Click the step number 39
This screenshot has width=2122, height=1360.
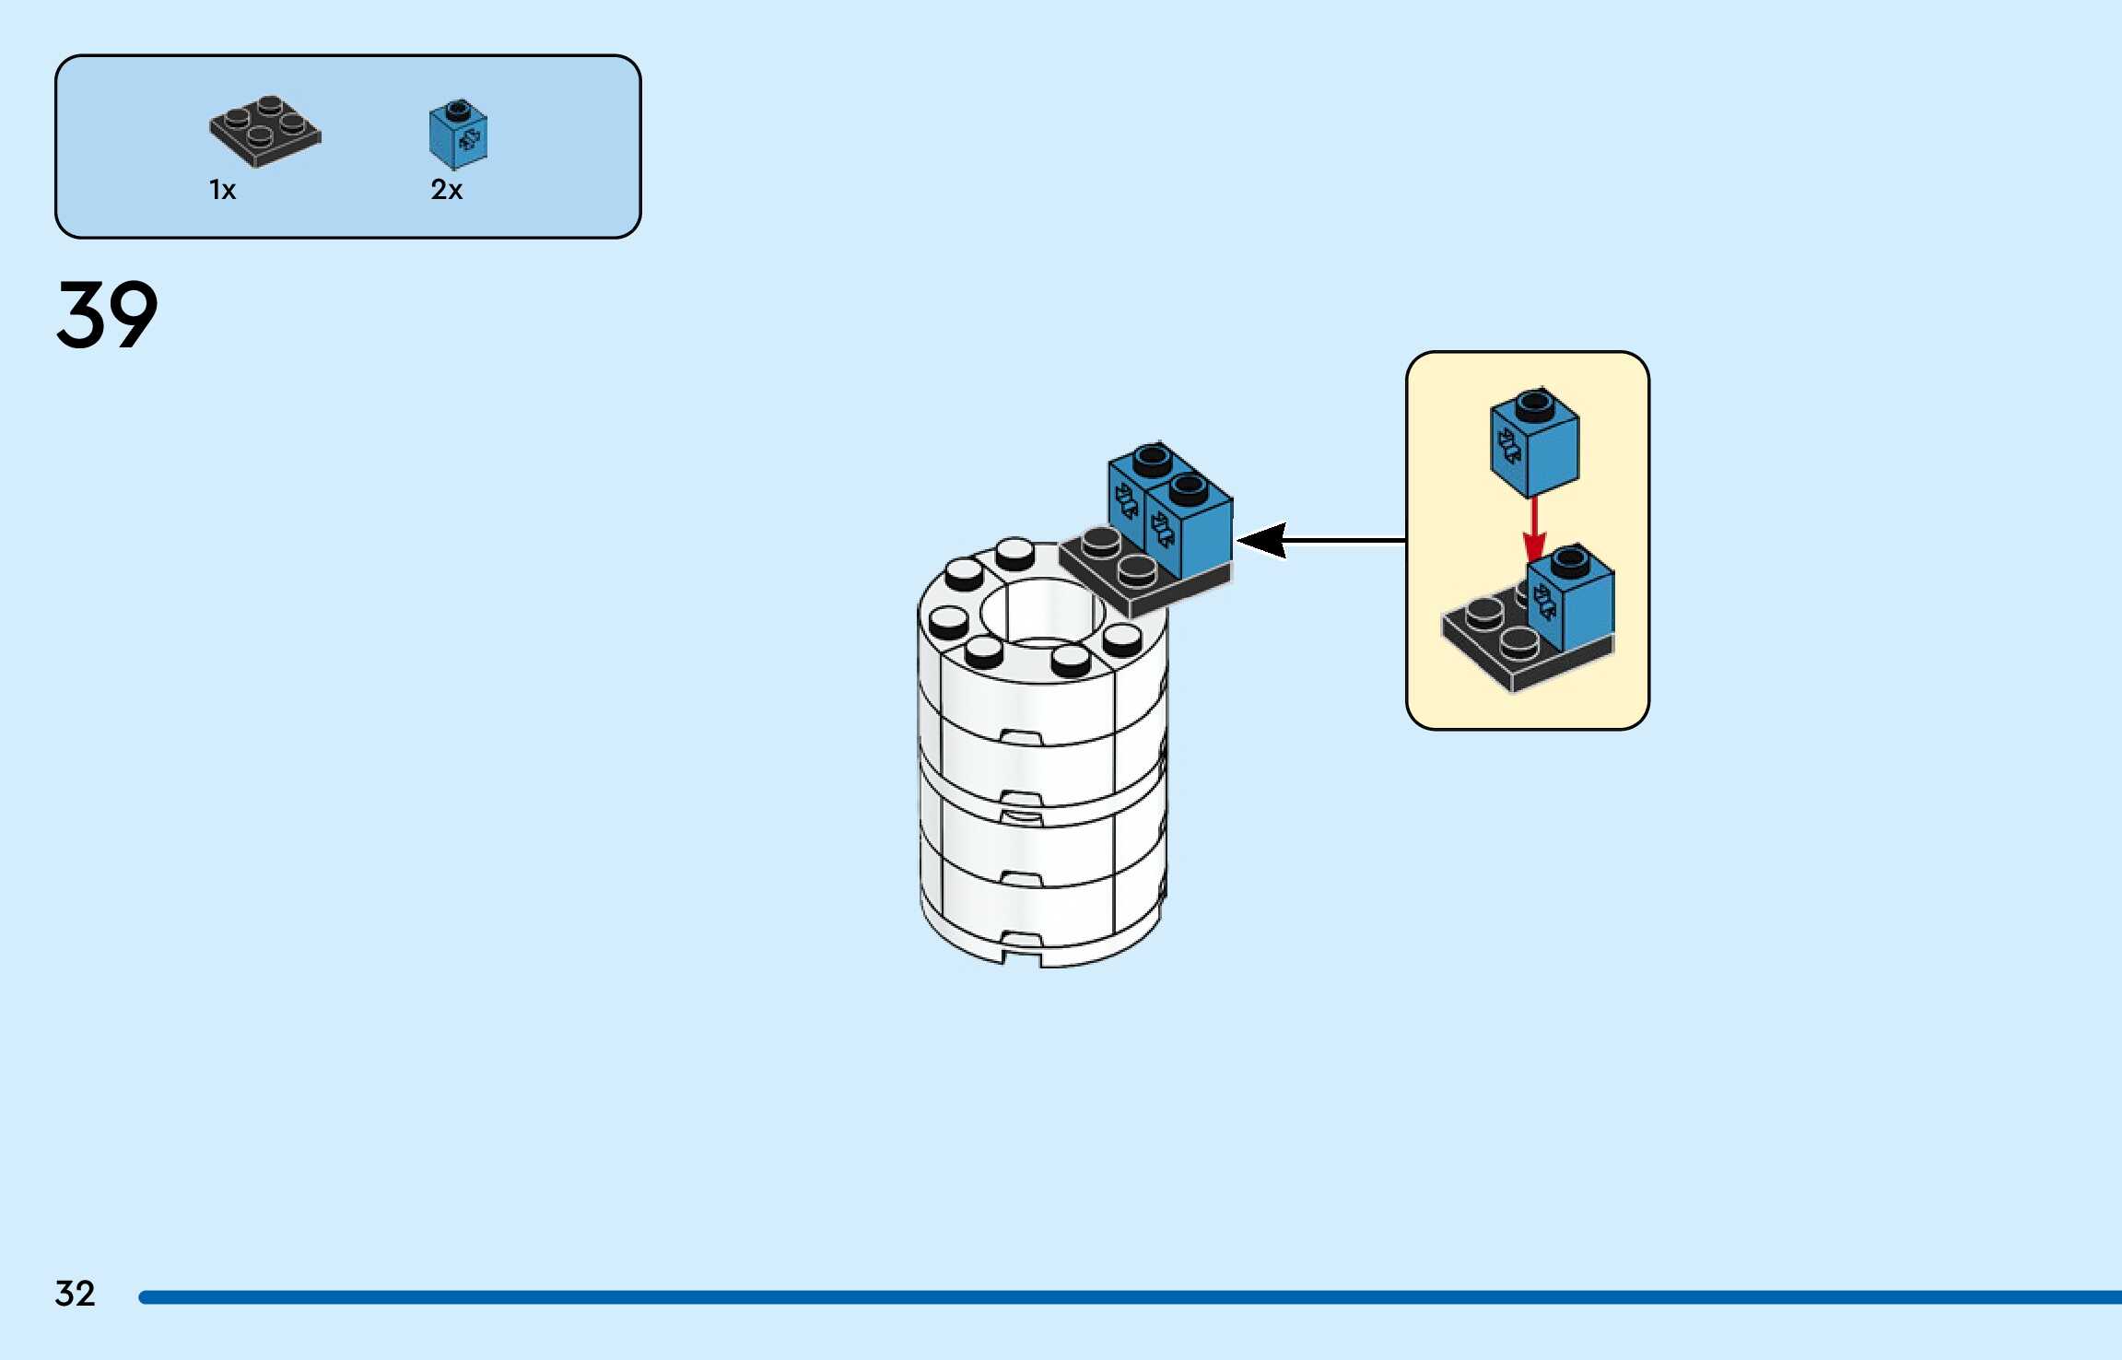coord(107,315)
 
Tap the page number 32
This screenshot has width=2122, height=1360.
coord(75,1294)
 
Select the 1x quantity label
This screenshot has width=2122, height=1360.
coord(222,190)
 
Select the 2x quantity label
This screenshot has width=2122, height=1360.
coord(446,190)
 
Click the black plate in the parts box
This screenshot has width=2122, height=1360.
coord(264,132)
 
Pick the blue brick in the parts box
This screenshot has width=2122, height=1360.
coord(458,135)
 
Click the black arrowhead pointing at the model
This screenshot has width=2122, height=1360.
coord(1262,540)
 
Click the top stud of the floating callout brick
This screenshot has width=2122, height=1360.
coord(1534,403)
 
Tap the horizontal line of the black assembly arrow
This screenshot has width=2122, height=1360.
coord(1345,540)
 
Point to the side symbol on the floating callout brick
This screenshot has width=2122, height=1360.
coord(1508,446)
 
